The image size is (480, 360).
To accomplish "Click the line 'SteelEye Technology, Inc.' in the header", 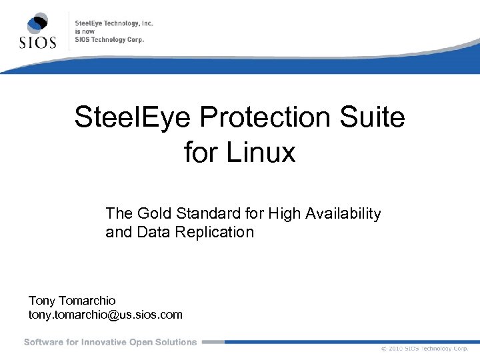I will coord(114,23).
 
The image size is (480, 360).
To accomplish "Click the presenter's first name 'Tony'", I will coord(43,301).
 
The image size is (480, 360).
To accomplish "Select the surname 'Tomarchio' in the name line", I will coord(87,301).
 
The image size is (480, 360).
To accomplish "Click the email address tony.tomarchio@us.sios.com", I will coord(105,314).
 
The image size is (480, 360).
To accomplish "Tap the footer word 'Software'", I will coord(43,342).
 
